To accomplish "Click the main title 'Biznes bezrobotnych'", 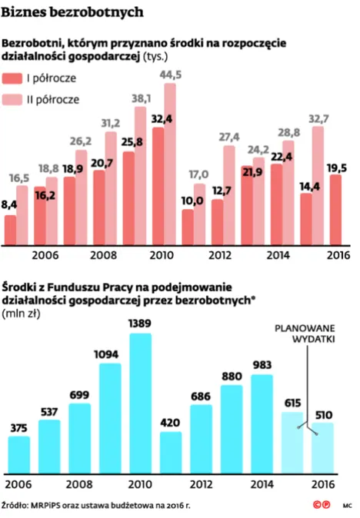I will point(75,13).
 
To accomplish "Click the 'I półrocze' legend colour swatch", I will point(13,78).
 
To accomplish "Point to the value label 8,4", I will point(11,205).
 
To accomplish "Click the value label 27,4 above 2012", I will point(229,137).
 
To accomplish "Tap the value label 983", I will point(262,366).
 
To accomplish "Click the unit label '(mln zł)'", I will point(22,313).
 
